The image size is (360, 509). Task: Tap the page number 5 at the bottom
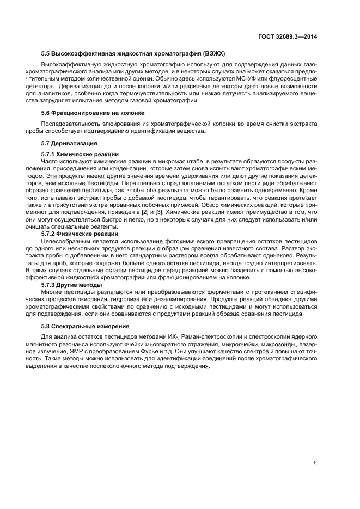click(315, 462)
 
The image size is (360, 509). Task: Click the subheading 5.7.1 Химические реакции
click(80, 154)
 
